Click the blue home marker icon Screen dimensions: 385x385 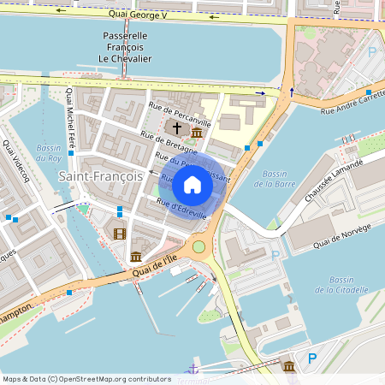pos(192,184)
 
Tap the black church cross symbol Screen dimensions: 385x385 pos(177,127)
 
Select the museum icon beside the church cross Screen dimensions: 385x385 pos(197,133)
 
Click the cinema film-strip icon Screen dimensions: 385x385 pos(119,234)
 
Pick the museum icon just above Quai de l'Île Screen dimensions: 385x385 pos(136,257)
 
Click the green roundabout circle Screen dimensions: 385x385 pos(199,247)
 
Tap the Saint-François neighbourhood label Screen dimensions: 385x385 pos(101,176)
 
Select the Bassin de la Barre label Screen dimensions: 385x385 pos(274,178)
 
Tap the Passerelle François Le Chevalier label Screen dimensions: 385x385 pos(125,46)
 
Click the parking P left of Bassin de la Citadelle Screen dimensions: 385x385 pos(275,255)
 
